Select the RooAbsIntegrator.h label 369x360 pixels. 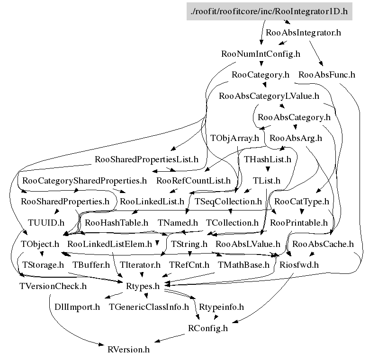304,33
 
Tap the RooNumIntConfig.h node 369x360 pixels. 261,54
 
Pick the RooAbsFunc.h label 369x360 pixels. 327,75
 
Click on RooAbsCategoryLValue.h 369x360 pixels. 269,96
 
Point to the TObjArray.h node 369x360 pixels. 235,138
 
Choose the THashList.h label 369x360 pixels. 268,159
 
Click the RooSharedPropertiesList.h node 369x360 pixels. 147,159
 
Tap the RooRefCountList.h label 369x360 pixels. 193,181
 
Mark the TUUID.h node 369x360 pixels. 46,222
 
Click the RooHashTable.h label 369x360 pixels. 117,222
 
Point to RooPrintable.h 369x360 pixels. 298,222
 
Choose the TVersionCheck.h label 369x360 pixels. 53,286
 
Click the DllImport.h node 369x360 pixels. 74,307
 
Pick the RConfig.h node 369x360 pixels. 208,328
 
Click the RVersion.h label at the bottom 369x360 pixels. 129,350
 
